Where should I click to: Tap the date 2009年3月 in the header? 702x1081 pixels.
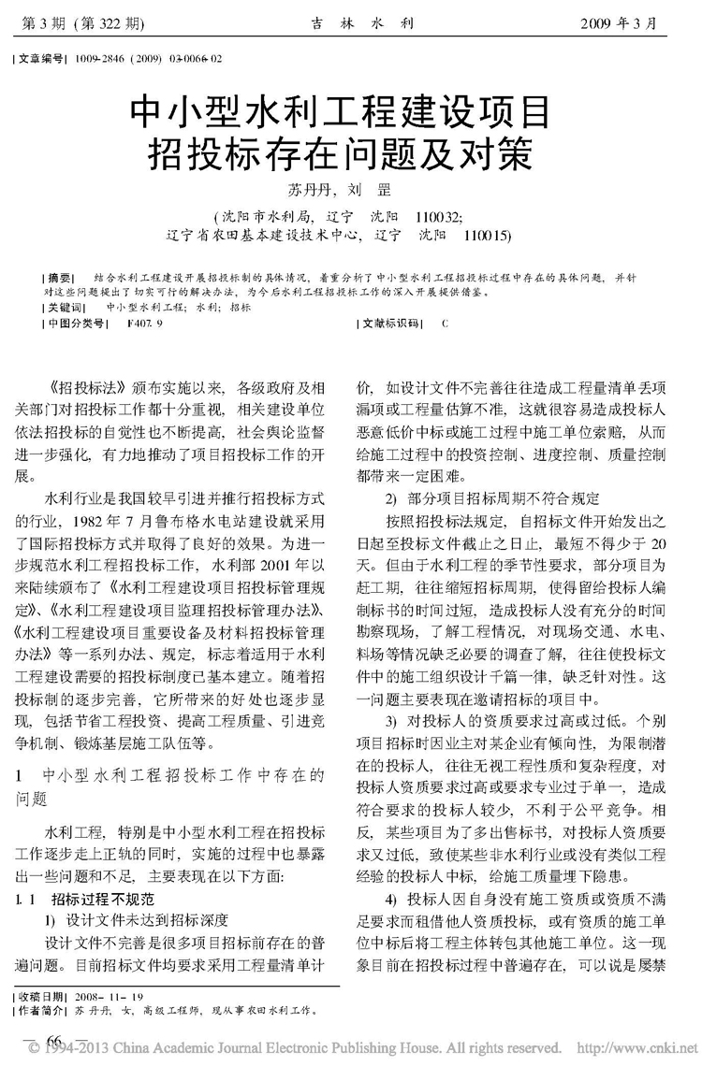pyautogui.click(x=631, y=20)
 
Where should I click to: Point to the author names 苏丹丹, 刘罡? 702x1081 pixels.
pyautogui.click(x=350, y=187)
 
